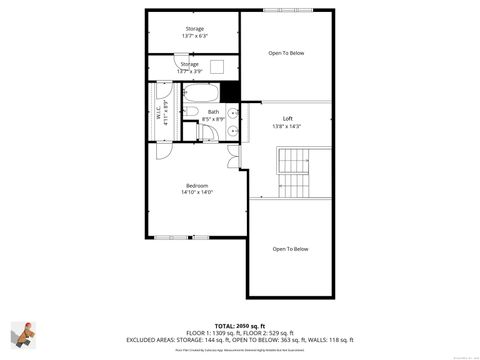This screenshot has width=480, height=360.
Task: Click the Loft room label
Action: point(288,119)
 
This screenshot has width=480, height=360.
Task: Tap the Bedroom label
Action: point(196,185)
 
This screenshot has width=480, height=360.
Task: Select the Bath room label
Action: point(214,112)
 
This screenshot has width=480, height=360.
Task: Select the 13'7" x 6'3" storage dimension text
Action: point(195,37)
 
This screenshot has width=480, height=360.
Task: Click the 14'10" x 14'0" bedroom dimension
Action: point(196,192)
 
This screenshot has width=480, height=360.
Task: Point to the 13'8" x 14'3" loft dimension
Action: point(288,126)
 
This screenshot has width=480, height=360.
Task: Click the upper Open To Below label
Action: point(287,53)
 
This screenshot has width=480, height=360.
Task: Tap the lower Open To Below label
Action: point(291,249)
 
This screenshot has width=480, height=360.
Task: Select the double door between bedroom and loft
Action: point(233,155)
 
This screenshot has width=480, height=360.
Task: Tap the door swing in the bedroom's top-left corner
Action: point(162,150)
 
